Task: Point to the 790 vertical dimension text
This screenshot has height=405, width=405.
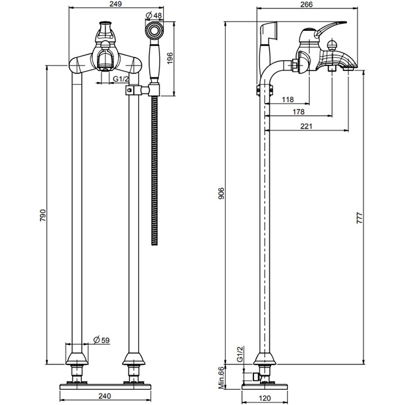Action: point(42,216)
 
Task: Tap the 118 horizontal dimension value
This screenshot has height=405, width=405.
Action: point(289,100)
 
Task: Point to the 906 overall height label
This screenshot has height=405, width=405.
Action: point(222,193)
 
